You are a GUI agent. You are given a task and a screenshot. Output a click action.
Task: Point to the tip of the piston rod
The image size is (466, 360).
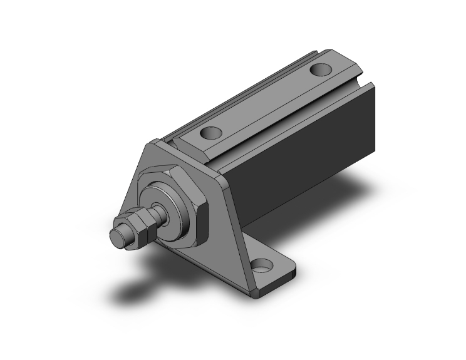point(117,238)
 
